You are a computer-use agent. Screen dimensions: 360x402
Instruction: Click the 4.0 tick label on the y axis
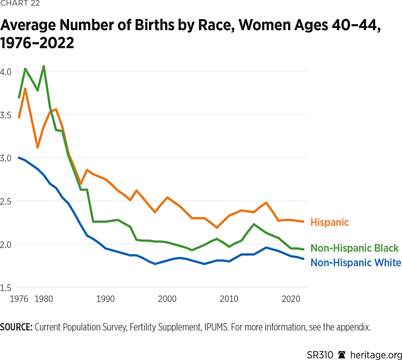6,72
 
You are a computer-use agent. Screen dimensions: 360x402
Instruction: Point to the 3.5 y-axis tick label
6,115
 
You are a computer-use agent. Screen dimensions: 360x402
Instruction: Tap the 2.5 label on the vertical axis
6,201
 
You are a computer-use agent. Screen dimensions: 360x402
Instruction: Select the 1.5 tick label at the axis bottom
6,288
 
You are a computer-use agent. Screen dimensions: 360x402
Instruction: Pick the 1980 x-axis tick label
44,299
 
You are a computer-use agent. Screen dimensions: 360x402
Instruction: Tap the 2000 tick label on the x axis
166,299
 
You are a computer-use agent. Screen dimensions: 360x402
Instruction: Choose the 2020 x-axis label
290,299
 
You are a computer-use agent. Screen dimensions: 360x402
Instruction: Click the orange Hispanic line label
329,222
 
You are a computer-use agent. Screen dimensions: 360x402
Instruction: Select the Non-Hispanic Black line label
354,248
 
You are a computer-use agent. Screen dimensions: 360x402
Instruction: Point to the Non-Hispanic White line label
355,262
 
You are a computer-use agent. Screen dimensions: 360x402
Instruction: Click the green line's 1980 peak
44,66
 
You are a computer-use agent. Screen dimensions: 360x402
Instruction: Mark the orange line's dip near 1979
38,147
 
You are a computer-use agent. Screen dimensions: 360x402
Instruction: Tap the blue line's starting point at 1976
19,158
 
